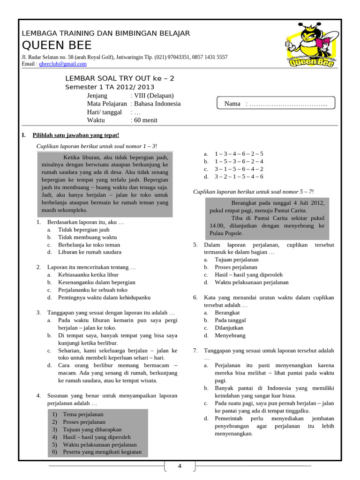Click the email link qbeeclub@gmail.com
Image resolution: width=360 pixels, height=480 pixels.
(x=63, y=64)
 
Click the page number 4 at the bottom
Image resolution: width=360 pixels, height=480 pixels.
(x=180, y=466)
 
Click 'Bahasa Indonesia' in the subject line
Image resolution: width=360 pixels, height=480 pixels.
(x=157, y=104)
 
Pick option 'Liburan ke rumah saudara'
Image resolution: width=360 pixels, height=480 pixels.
(x=90, y=252)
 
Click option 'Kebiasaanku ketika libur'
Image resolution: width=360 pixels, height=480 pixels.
(x=88, y=275)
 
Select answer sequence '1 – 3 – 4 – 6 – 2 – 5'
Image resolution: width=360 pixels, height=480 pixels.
(x=239, y=154)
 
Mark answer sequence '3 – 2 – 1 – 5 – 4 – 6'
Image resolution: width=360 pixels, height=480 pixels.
(x=239, y=177)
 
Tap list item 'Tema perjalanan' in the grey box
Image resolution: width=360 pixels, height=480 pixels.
(x=83, y=414)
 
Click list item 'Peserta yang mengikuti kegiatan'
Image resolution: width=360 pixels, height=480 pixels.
(x=102, y=452)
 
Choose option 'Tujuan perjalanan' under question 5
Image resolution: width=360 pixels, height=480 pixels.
(x=236, y=260)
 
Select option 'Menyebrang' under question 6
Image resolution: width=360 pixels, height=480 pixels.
(x=230, y=336)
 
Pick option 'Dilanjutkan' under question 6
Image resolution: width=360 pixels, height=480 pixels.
(x=229, y=328)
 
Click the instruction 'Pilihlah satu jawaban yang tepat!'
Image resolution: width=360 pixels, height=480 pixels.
(x=76, y=135)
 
